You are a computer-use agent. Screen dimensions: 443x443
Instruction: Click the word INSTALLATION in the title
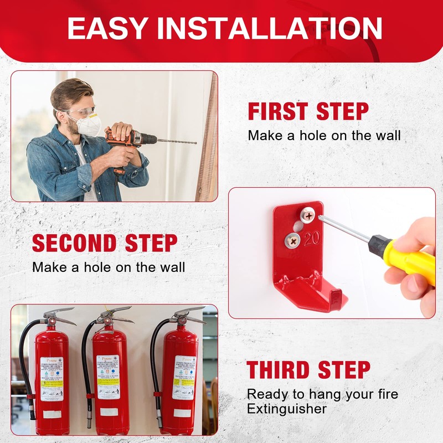(x=270, y=28)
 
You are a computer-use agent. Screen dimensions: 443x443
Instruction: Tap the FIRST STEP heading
(x=308, y=111)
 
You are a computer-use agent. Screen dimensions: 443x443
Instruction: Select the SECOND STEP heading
(x=105, y=244)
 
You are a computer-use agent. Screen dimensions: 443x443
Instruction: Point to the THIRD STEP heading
(x=308, y=370)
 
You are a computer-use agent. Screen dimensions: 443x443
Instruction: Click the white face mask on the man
(x=89, y=125)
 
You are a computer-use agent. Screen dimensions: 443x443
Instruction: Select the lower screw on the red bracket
(x=292, y=240)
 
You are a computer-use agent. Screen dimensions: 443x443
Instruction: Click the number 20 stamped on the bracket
(x=311, y=238)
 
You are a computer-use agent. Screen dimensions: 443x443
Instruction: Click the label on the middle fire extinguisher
(x=108, y=377)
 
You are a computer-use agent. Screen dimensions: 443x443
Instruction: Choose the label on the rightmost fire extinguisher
(x=183, y=377)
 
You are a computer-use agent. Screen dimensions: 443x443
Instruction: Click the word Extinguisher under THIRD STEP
(x=286, y=409)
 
